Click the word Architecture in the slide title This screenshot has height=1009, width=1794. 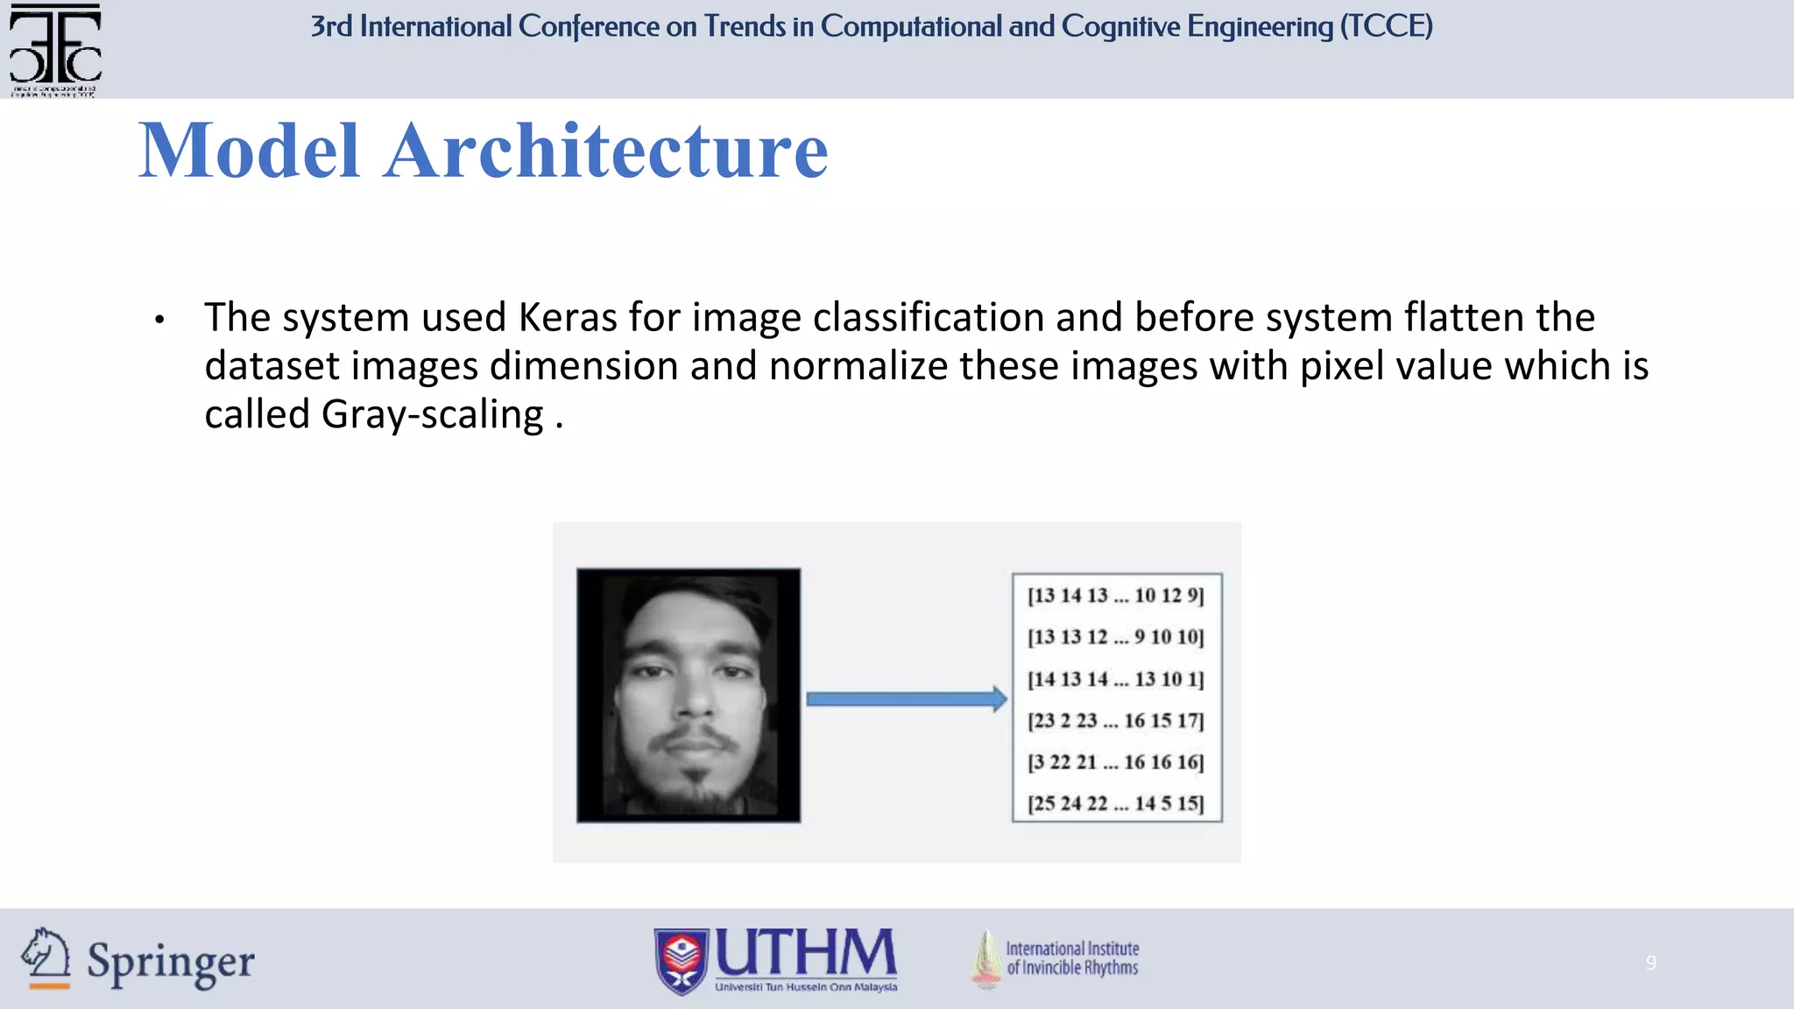tap(605, 151)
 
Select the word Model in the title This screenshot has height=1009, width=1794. tap(250, 151)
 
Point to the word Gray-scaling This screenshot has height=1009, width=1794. tap(433, 415)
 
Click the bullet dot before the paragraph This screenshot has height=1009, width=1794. tap(159, 321)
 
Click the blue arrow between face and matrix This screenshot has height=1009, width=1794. tap(906, 699)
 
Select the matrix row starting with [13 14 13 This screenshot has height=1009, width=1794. tap(1116, 596)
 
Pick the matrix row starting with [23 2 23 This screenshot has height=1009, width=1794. tap(1116, 721)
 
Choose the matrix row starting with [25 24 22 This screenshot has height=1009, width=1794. tap(1116, 803)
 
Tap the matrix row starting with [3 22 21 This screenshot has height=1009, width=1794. tap(1116, 762)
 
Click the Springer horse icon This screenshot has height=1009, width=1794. tap(46, 958)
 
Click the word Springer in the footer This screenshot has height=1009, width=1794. tap(171, 963)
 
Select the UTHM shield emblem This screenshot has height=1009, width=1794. tap(681, 962)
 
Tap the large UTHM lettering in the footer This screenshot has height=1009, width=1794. tap(806, 953)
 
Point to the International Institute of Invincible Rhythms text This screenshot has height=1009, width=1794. tap(1072, 958)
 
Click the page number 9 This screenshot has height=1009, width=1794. tap(1650, 963)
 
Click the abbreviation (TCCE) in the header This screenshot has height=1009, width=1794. tap(1386, 26)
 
